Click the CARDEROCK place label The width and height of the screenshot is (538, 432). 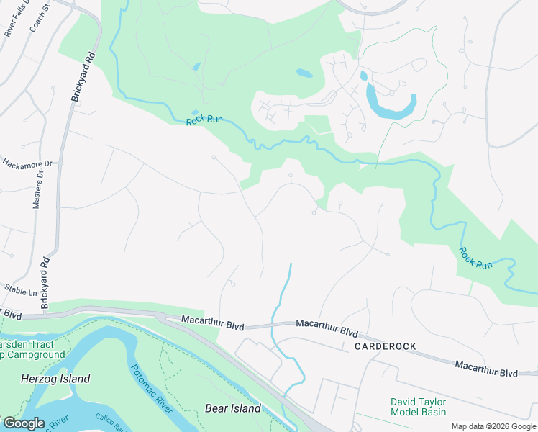pyautogui.click(x=385, y=346)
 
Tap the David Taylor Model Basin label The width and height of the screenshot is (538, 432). pyautogui.click(x=418, y=407)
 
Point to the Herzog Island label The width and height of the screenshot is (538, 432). pyautogui.click(x=55, y=379)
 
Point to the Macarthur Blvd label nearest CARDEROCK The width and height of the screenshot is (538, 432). pyautogui.click(x=327, y=332)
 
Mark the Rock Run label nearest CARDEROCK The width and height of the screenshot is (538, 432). pyautogui.click(x=475, y=258)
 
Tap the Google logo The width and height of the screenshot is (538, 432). pyautogui.click(x=23, y=423)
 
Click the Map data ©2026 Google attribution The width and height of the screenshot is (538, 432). pyautogui.click(x=493, y=426)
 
